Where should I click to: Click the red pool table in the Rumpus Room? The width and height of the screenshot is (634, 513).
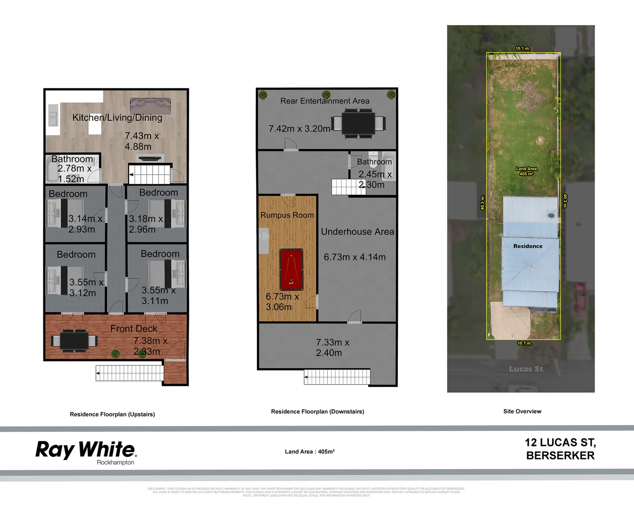pos(291,270)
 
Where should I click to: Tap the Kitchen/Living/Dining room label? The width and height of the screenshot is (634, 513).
pos(117,118)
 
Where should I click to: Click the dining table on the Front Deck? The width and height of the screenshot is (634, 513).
pos(74,341)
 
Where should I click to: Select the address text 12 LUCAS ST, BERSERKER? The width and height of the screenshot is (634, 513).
pos(560,449)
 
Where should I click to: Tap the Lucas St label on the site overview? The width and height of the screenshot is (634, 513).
pos(526,369)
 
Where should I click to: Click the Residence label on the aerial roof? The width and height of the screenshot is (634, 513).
pos(528,246)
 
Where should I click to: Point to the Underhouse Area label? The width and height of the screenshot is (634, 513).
pos(357,232)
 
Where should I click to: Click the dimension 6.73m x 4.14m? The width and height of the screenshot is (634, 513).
pos(354,257)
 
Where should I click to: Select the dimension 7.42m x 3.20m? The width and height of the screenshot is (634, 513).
pos(299,129)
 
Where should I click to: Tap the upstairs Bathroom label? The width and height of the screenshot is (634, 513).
pos(72,159)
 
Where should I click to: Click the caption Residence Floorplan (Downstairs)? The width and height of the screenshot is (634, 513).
pos(317,411)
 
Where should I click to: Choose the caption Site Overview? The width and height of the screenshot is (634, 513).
pos(522,411)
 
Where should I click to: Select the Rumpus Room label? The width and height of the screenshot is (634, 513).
pos(287,215)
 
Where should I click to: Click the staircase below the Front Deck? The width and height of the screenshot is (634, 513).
pos(129,373)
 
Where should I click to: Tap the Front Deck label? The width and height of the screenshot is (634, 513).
pos(133,329)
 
